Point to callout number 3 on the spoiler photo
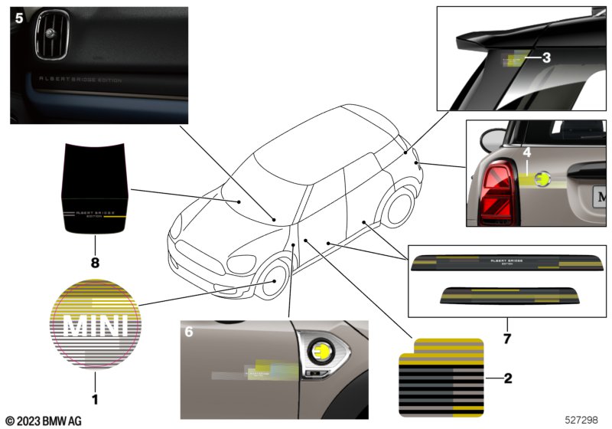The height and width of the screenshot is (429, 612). [x=546, y=57]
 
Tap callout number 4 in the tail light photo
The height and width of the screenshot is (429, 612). [x=526, y=153]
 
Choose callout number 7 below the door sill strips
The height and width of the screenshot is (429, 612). [x=507, y=336]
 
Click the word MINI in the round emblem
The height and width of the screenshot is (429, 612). [x=95, y=327]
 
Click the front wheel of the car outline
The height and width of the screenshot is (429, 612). [x=273, y=279]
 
